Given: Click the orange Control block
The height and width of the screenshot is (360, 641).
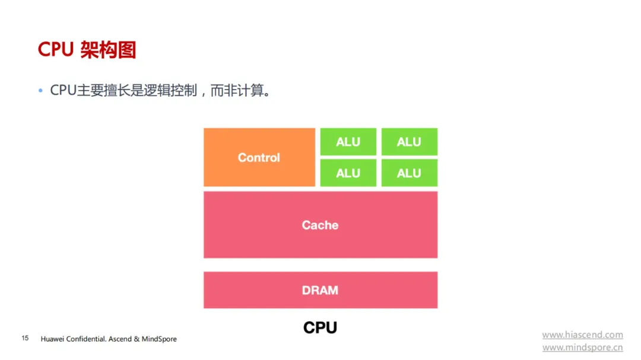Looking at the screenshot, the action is point(259,157).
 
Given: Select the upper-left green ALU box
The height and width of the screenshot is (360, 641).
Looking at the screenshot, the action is point(348,142).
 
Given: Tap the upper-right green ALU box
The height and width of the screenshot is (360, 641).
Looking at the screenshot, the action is point(409,142).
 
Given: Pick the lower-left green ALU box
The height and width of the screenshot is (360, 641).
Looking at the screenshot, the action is point(348,173).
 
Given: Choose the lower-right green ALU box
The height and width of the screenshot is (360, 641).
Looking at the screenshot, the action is point(409,173).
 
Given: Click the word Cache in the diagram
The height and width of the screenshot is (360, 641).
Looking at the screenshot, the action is point(320,225).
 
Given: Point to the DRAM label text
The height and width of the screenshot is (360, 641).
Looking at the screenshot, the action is point(320,290).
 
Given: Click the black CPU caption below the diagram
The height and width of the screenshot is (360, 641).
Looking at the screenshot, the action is point(320,327).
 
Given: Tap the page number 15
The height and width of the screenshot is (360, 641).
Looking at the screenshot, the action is point(25,338).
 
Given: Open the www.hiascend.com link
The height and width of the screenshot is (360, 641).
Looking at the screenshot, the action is point(583,334).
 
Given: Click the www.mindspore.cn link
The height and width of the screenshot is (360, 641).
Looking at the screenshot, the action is point(583,348).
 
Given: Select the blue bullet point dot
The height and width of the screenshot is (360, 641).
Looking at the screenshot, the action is point(40,90).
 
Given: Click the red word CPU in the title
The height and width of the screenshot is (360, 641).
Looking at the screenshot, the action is point(56,49).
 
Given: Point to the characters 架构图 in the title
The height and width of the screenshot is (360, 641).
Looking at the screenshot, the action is point(108,50).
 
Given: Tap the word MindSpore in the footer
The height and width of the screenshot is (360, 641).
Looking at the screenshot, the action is point(159,339).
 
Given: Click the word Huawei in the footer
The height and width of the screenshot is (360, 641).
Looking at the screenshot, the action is point(52,339).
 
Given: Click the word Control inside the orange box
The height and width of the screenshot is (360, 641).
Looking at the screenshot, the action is point(259,157).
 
